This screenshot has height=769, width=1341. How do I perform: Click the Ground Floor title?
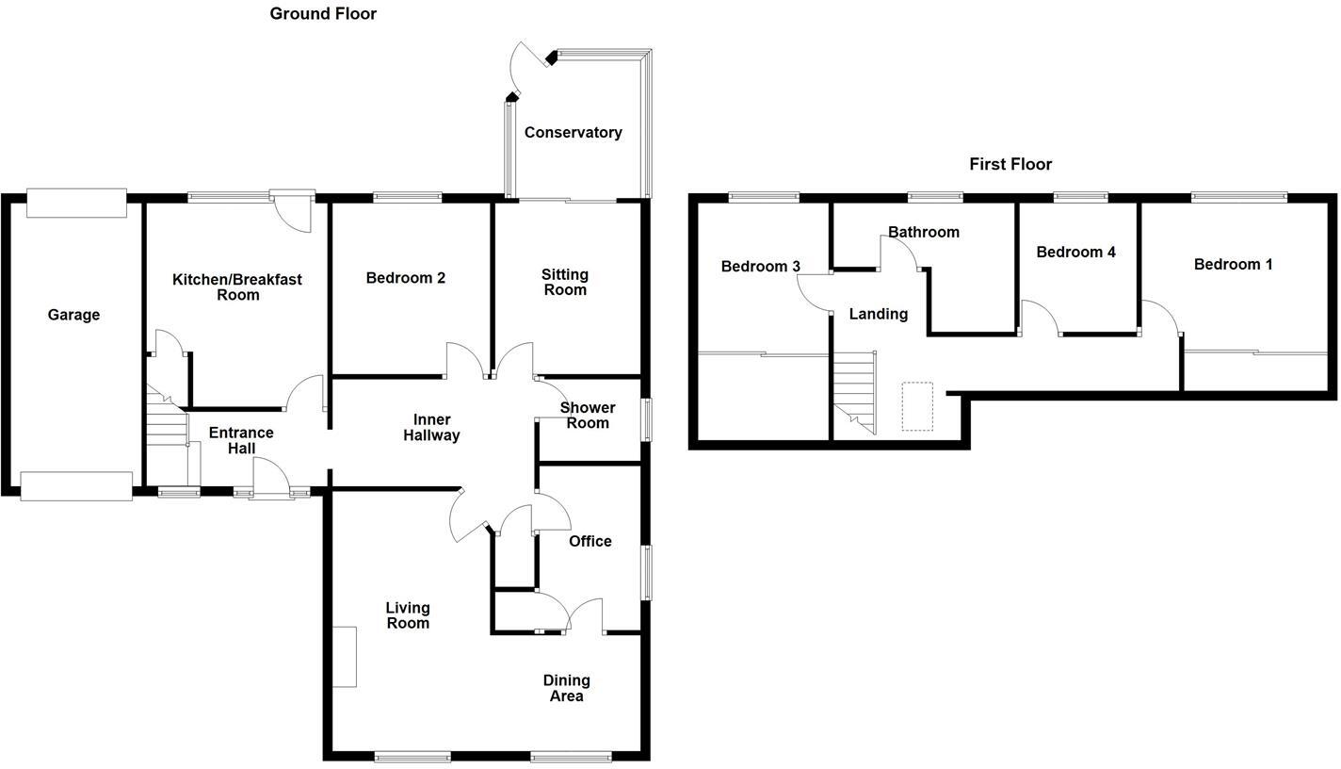click(x=323, y=13)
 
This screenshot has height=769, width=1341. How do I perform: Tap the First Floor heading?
click(x=1010, y=164)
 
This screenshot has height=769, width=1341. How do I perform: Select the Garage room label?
click(x=73, y=315)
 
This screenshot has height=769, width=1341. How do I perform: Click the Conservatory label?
click(x=573, y=133)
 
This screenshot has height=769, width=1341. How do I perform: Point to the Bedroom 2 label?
click(x=406, y=278)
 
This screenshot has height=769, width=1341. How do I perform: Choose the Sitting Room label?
click(x=565, y=282)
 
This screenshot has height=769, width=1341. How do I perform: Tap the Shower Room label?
click(x=588, y=415)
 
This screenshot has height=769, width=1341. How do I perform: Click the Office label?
click(x=590, y=541)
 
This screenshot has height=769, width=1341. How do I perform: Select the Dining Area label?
click(x=566, y=688)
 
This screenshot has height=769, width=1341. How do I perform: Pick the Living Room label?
click(x=408, y=615)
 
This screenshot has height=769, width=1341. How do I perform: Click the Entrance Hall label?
click(x=241, y=440)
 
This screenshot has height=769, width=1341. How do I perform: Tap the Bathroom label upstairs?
click(x=924, y=232)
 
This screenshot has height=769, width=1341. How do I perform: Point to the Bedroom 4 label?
click(x=1075, y=252)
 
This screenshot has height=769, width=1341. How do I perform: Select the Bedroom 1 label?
click(x=1233, y=264)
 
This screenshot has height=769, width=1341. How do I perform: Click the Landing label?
click(x=879, y=314)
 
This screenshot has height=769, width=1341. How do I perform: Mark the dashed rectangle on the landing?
click(x=917, y=406)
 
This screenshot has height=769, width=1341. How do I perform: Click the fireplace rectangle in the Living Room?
click(x=345, y=657)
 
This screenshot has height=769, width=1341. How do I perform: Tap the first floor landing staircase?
click(x=855, y=391)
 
